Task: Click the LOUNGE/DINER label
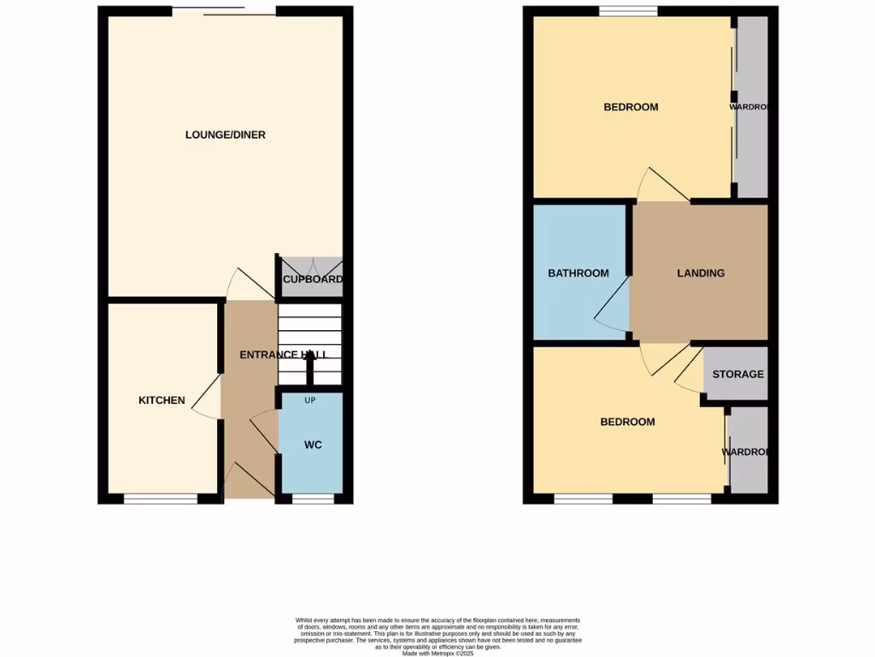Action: tap(226, 135)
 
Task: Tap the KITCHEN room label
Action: tap(162, 400)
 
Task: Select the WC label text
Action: tap(312, 445)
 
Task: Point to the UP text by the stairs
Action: tap(311, 400)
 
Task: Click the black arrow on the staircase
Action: tap(310, 368)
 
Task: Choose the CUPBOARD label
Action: tap(313, 280)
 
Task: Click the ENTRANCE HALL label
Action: tap(283, 355)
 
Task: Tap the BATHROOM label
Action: tap(578, 274)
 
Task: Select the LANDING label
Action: tap(701, 274)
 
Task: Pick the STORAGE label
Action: tap(738, 375)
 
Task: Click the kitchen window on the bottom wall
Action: tap(161, 499)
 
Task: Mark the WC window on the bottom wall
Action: tap(312, 499)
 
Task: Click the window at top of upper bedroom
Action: tap(627, 11)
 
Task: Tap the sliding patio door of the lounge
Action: tap(224, 11)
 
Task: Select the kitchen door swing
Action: tap(206, 402)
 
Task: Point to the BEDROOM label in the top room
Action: tap(631, 108)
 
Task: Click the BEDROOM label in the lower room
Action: tap(627, 423)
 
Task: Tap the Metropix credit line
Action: tap(437, 654)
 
